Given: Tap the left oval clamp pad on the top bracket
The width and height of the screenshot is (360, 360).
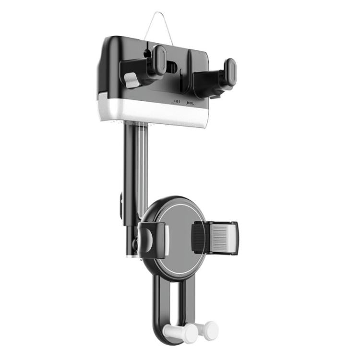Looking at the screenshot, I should coord(159,59).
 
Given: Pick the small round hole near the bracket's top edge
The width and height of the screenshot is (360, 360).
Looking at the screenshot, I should coord(146,49).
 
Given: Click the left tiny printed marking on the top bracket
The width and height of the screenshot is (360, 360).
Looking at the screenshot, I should coord(177,102).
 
